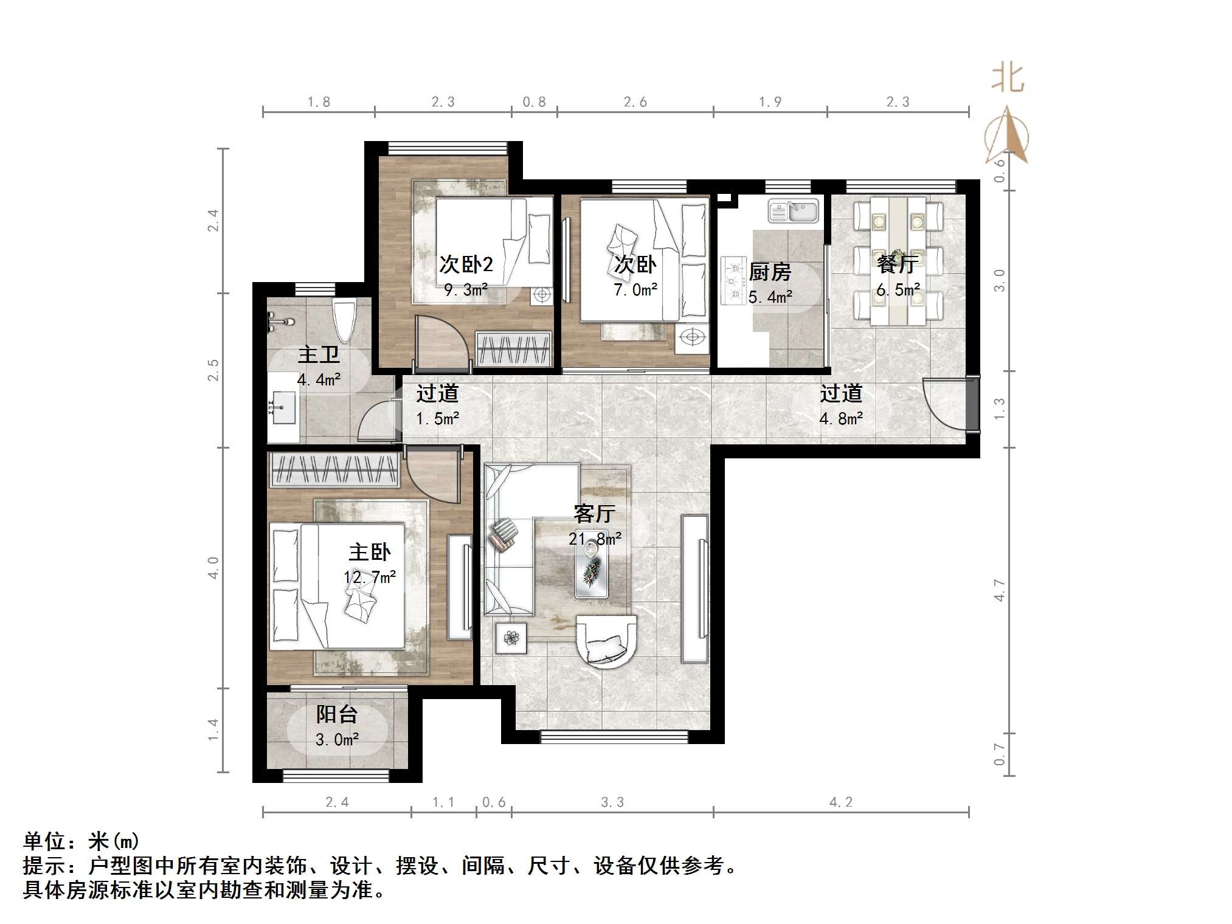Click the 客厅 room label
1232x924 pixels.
(x=594, y=514)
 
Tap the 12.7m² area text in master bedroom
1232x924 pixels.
(x=370, y=577)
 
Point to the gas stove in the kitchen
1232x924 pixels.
(x=733, y=280)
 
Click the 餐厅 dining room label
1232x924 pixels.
(x=897, y=264)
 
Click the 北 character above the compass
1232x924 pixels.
(x=1008, y=79)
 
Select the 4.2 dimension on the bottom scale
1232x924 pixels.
(x=841, y=802)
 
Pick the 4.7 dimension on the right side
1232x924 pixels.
(x=999, y=590)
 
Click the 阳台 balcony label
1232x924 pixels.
(x=336, y=714)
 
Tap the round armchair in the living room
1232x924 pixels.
(x=606, y=642)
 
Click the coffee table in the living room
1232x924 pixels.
(x=592, y=568)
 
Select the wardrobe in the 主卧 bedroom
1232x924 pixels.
(x=333, y=470)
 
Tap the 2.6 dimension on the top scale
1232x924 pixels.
(x=635, y=102)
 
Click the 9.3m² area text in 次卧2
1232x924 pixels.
(x=466, y=290)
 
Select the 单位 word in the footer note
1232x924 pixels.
(x=44, y=841)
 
